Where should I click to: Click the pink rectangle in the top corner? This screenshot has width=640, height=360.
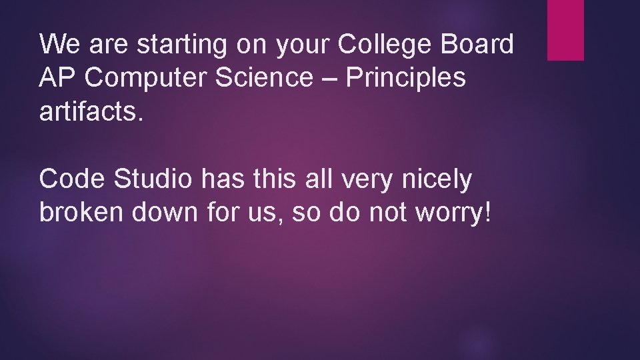click(565, 30)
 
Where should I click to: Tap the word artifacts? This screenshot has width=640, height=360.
click(91, 111)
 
